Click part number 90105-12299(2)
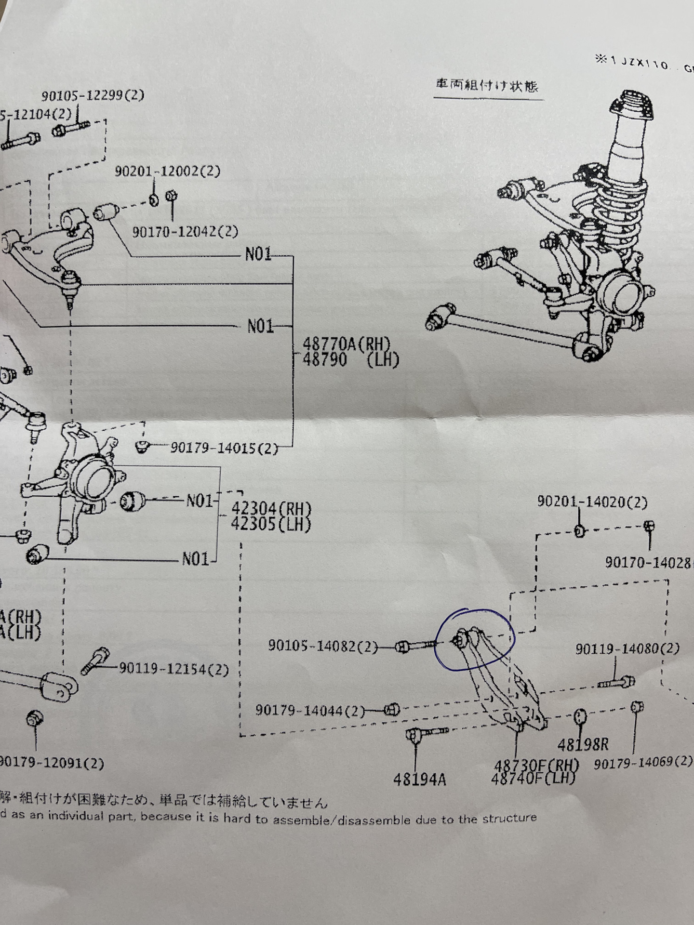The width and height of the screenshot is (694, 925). (93, 96)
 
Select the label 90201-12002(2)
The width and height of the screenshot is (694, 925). (167, 172)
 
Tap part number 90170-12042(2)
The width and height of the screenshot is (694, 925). (186, 232)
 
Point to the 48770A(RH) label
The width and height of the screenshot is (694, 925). (346, 344)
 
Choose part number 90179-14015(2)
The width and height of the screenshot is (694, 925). (224, 449)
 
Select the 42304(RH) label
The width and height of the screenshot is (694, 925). (271, 509)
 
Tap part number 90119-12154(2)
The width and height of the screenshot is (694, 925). (173, 669)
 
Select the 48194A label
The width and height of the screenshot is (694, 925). (419, 780)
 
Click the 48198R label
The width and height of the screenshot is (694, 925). (583, 745)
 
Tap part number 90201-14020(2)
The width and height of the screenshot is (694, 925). (592, 502)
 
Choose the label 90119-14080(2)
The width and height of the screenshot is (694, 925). (627, 648)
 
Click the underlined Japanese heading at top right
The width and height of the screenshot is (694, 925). (487, 86)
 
